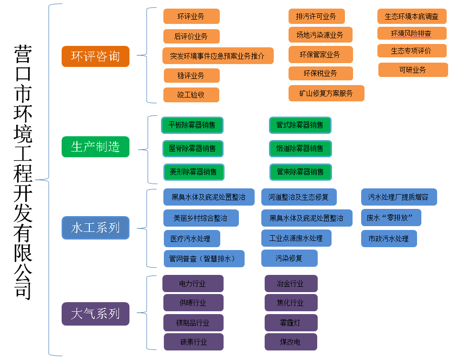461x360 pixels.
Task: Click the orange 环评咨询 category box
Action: [x=96, y=56]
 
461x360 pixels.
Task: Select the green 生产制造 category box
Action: [x=96, y=147]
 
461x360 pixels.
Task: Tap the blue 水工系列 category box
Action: [x=96, y=228]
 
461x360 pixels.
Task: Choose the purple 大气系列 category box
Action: [x=96, y=314]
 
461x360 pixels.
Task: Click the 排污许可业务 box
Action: [x=316, y=16]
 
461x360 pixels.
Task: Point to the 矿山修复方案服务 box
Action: [x=326, y=93]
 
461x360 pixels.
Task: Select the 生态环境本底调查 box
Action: [x=412, y=16]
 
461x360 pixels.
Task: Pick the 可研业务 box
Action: [x=413, y=70]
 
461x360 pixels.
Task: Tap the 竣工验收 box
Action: [x=191, y=95]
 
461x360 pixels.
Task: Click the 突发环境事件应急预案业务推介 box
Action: [x=218, y=56]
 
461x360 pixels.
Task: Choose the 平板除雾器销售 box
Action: [x=192, y=125]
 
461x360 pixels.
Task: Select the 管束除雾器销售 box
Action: [x=300, y=172]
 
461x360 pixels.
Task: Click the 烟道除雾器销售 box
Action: [x=300, y=148]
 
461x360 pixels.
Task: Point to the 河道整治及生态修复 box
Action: [x=299, y=197]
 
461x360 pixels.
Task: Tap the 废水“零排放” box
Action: [x=391, y=218]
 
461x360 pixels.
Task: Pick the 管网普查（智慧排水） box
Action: [x=204, y=259]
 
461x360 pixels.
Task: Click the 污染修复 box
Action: [x=289, y=258]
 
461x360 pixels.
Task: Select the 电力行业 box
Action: [x=193, y=284]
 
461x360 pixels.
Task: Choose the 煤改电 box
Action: [x=290, y=342]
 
